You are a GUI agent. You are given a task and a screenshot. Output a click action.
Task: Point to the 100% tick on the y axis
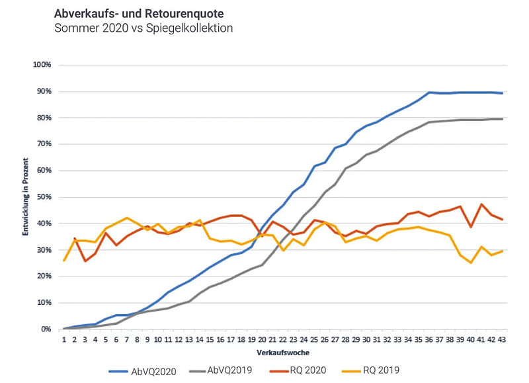click(42, 65)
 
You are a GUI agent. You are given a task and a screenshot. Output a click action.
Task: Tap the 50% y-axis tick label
click(44, 197)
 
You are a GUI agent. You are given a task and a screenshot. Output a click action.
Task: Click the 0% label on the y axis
click(46, 329)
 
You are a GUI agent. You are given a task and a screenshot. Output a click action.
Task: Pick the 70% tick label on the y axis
click(44, 144)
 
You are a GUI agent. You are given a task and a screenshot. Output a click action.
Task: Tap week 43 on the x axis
click(502, 339)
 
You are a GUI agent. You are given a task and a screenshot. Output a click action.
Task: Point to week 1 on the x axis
click(64, 339)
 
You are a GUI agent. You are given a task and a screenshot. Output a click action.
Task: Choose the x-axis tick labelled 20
click(262, 339)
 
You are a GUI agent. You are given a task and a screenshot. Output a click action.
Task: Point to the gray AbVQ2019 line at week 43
click(502, 119)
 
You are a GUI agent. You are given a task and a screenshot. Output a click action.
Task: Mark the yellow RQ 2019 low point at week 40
click(471, 263)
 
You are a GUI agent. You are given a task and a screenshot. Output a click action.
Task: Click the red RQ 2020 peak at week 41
click(481, 204)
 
